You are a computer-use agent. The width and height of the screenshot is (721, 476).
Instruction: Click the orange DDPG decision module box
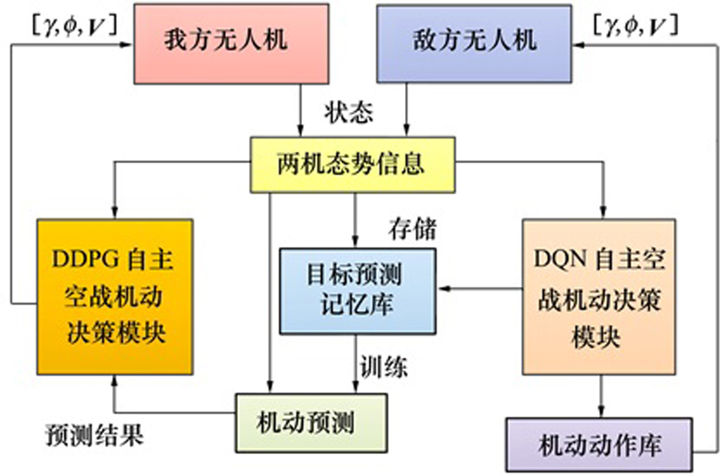[x=115, y=298]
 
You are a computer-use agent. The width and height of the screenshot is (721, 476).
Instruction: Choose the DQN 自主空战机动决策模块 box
[x=599, y=298]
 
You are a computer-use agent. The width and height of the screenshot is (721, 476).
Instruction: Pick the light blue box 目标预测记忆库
[x=357, y=291]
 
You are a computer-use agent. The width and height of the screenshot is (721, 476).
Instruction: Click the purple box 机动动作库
[x=600, y=446]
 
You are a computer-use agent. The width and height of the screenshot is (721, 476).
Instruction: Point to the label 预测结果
[x=96, y=436]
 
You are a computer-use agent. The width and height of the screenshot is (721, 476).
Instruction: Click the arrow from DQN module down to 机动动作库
[x=600, y=397]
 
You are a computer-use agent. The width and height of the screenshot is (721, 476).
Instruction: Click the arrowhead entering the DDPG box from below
[x=115, y=381]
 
